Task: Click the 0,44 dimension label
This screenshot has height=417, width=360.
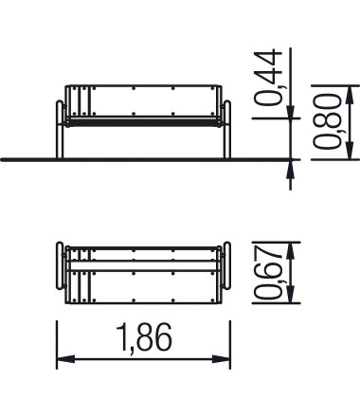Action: point(268,78)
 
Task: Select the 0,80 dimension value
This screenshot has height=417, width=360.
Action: point(327,121)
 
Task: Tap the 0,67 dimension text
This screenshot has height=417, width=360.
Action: point(268,272)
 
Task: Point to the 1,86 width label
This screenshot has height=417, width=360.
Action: point(144,337)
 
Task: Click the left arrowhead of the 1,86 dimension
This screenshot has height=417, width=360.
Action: point(65,359)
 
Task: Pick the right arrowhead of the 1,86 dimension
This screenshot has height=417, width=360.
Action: point(221,359)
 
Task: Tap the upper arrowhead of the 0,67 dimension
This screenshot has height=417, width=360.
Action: point(291,251)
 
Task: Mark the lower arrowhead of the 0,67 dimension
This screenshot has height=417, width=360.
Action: point(291,294)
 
